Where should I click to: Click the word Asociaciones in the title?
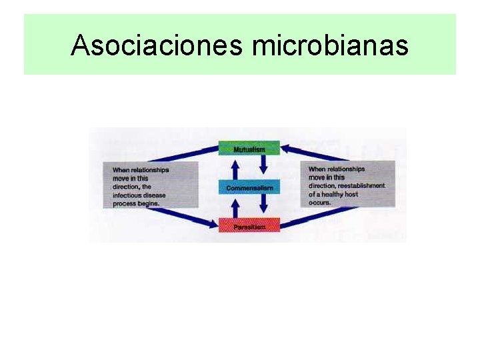click(158, 45)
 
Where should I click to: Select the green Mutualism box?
click(249, 149)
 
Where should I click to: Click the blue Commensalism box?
click(249, 187)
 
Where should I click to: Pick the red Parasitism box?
click(249, 226)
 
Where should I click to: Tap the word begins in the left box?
click(147, 203)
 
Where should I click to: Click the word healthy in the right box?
click(333, 194)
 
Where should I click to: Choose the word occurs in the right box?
click(319, 202)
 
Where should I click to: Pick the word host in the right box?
click(351, 194)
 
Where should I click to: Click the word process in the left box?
click(124, 203)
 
